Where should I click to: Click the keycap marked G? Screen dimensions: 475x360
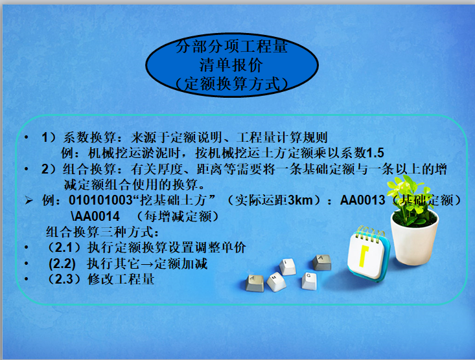[x=309, y=280]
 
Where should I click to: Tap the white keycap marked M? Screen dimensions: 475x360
[x=276, y=281]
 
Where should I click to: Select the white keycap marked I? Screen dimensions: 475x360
[x=288, y=267]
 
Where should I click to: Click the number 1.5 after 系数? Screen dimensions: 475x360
[x=375, y=153]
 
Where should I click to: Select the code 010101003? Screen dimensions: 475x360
[x=100, y=200]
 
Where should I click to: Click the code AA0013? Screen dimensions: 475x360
[x=363, y=200]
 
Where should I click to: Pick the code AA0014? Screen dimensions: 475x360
[x=95, y=216]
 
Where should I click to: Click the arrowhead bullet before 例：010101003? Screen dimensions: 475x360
[x=29, y=200]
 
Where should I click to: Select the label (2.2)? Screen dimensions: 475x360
[x=62, y=264]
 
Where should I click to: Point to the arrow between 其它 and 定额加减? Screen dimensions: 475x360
[x=147, y=264]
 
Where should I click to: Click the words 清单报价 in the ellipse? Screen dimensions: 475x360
[x=231, y=65]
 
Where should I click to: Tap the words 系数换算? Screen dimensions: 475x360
[x=89, y=137]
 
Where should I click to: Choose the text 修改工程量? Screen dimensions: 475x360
[x=121, y=279]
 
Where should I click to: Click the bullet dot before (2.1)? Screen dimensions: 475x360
[x=27, y=248]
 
